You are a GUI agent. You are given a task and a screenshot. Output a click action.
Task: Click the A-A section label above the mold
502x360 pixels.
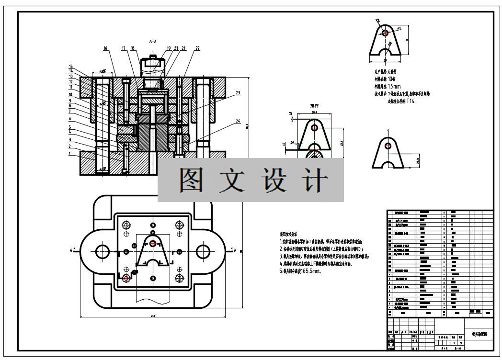pyautogui.click(x=153, y=42)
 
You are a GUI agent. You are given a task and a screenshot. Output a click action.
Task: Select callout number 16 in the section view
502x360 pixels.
pyautogui.click(x=105, y=48)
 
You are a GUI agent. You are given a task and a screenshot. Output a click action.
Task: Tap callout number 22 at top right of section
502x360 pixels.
pyautogui.click(x=197, y=48)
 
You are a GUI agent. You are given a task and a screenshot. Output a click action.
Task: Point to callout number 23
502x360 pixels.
pyautogui.click(x=238, y=93)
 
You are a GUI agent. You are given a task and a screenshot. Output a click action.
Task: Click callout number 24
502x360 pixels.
pyautogui.click(x=238, y=122)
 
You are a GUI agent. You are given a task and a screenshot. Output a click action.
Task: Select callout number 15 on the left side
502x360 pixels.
pyautogui.click(x=70, y=67)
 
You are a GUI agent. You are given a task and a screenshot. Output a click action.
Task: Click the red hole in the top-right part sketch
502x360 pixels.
pyautogui.click(x=384, y=33)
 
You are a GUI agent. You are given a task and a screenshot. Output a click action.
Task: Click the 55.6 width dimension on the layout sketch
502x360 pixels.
pyautogui.click(x=315, y=112)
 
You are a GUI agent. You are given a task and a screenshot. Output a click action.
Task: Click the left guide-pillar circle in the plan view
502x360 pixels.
pyautogui.click(x=103, y=251)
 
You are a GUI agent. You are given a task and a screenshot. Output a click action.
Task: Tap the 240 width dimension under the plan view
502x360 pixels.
pyautogui.click(x=153, y=315)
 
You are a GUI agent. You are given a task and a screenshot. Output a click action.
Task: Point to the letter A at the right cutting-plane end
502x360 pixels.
pyautogui.click(x=235, y=250)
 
